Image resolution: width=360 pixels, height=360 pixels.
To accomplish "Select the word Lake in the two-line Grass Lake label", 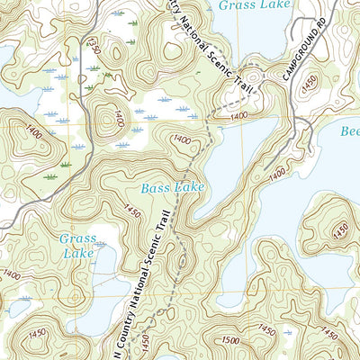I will [x=77, y=255].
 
